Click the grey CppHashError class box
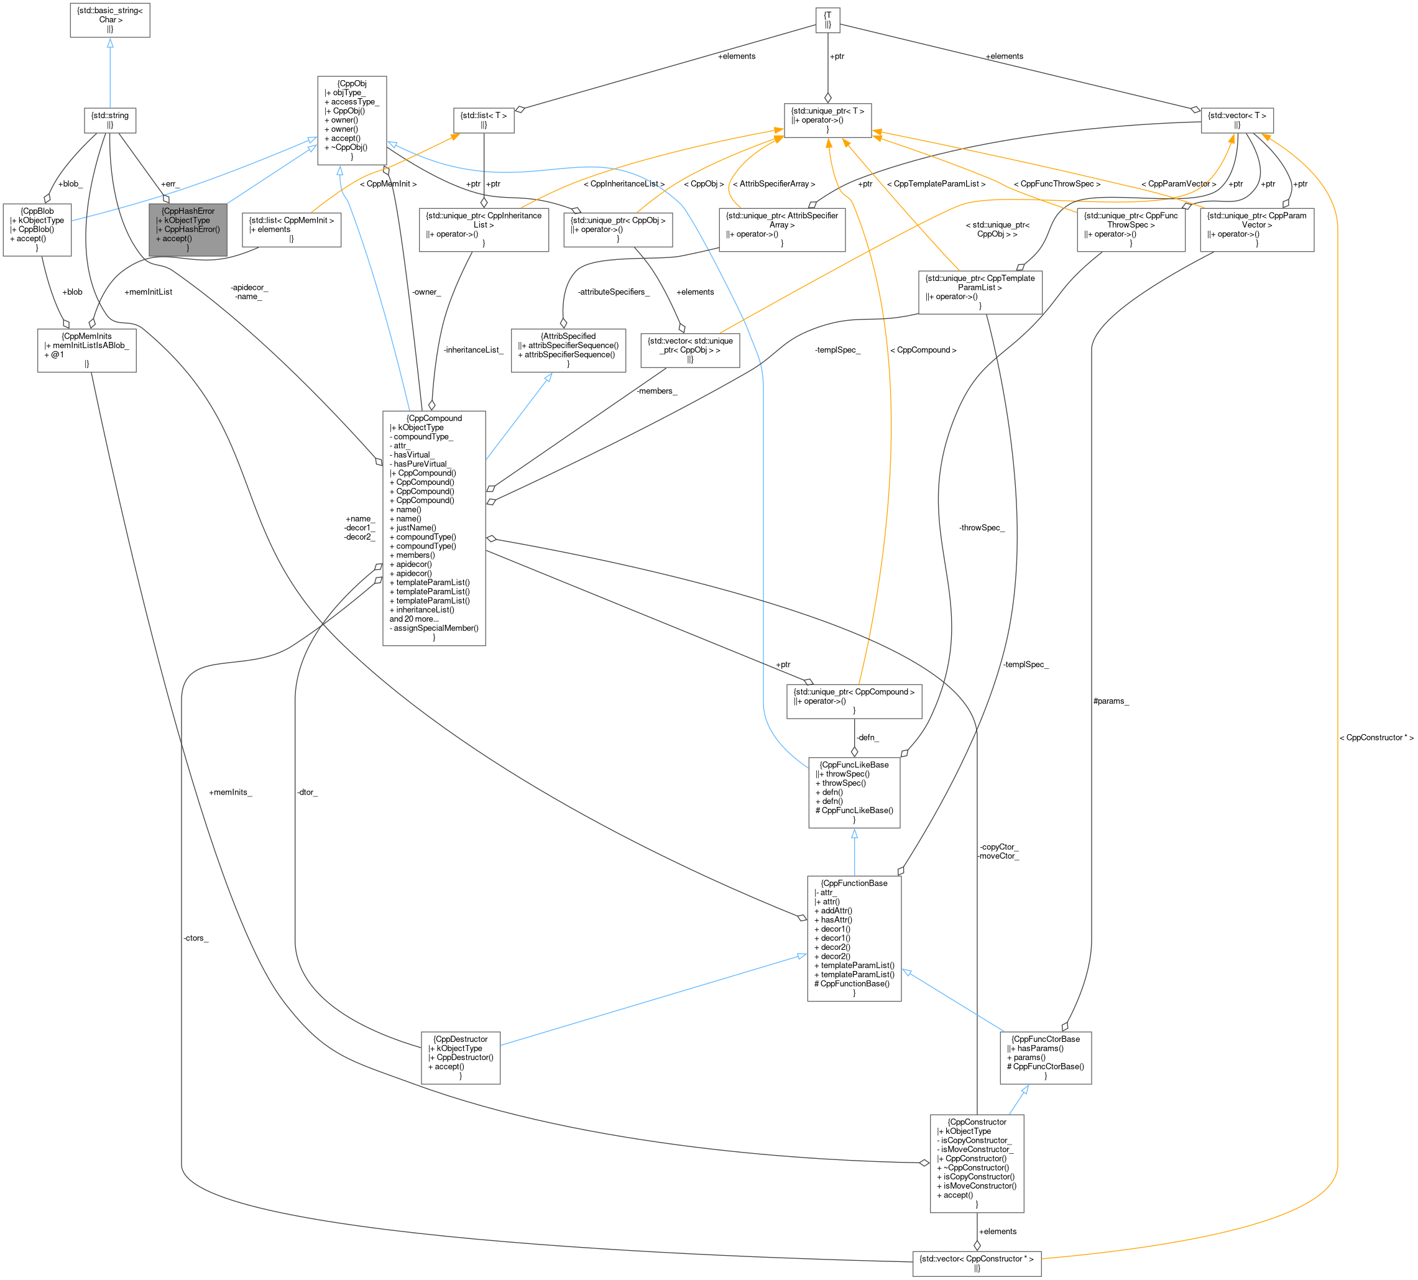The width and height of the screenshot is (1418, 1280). click(188, 229)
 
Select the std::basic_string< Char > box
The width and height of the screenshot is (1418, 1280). click(110, 21)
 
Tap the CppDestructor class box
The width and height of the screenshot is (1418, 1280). click(461, 1057)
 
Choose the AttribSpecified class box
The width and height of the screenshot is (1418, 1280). click(568, 350)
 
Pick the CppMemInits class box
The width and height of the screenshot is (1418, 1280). click(86, 350)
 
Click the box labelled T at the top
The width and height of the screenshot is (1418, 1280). click(828, 20)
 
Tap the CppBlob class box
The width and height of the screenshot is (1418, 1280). click(37, 229)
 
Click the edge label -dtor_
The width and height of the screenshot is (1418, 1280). click(307, 793)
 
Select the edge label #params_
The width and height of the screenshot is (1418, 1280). click(1112, 701)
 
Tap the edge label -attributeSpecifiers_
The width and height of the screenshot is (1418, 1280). click(614, 292)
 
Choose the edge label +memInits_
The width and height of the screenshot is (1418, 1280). click(230, 793)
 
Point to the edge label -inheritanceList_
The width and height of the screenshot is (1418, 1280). click(473, 349)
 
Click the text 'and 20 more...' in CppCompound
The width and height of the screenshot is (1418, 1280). click(414, 619)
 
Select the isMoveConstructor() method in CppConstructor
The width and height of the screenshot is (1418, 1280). click(976, 1186)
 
